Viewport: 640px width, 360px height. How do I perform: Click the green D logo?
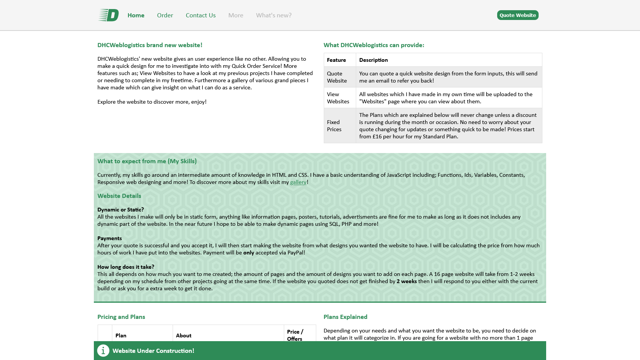pyautogui.click(x=109, y=15)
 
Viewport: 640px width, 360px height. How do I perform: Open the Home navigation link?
pyautogui.click(x=136, y=15)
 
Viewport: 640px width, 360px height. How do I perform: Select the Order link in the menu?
pyautogui.click(x=165, y=15)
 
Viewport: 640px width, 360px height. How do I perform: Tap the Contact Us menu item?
pyautogui.click(x=201, y=15)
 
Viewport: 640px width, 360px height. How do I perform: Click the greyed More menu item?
pyautogui.click(x=236, y=15)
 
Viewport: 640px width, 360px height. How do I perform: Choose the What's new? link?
pyautogui.click(x=274, y=15)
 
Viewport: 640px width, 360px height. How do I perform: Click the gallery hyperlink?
pyautogui.click(x=298, y=182)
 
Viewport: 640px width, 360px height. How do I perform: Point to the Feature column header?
pyautogui.click(x=336, y=60)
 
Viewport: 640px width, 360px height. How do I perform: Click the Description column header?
pyautogui.click(x=373, y=60)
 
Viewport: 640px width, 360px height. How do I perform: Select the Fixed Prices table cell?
pyautogui.click(x=334, y=126)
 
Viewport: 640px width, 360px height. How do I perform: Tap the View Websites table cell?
pyautogui.click(x=338, y=98)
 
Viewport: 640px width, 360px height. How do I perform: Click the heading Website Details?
pyautogui.click(x=119, y=196)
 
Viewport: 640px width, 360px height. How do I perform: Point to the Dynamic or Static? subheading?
pyautogui.click(x=121, y=210)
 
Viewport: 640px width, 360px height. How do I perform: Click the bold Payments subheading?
pyautogui.click(x=109, y=239)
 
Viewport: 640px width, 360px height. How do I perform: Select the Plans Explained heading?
pyautogui.click(x=345, y=317)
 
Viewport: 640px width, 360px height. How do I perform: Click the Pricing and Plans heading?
pyautogui.click(x=121, y=317)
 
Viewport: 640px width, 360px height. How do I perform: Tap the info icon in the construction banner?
pyautogui.click(x=103, y=351)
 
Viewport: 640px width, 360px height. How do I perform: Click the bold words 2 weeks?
pyautogui.click(x=406, y=282)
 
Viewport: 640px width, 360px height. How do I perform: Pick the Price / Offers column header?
pyautogui.click(x=295, y=335)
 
